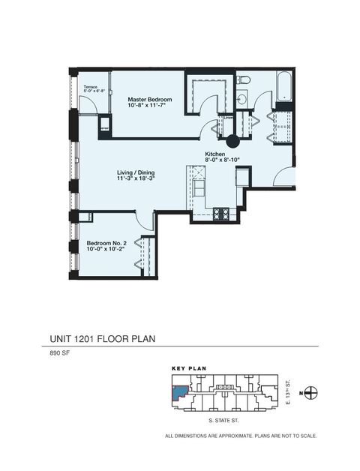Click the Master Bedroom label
pyautogui.click(x=150, y=100)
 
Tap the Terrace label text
pyautogui.click(x=91, y=87)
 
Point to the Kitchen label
pyautogui.click(x=216, y=153)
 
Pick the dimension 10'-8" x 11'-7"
pyautogui.click(x=150, y=106)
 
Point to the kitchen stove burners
pyautogui.click(x=222, y=213)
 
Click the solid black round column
pyautogui.click(x=232, y=139)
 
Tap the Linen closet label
pyautogui.click(x=228, y=117)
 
